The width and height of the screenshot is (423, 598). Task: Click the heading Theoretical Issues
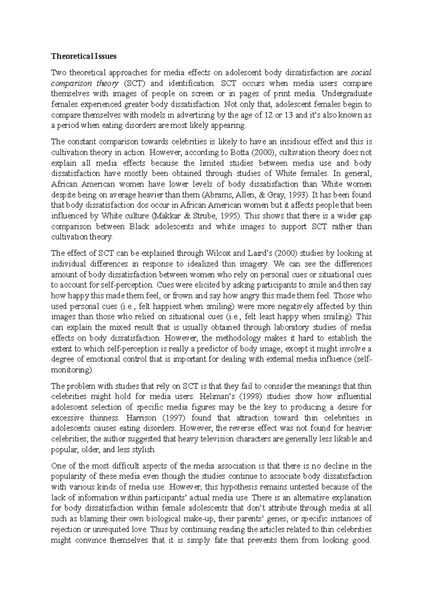pos(84,56)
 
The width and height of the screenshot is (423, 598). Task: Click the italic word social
pos(361,73)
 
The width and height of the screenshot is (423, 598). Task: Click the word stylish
pos(144,450)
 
